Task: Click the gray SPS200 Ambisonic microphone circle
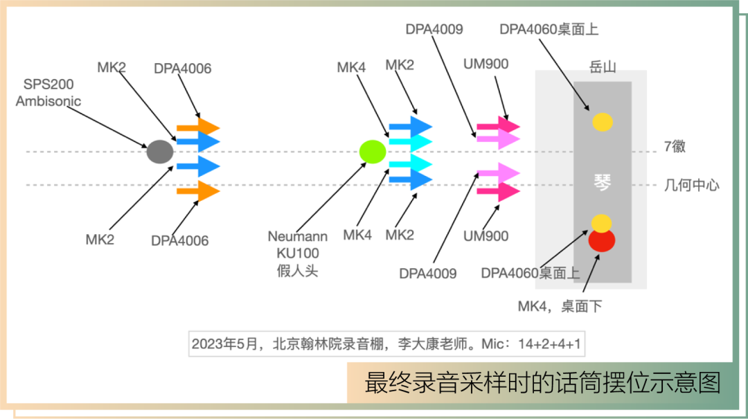click(x=160, y=152)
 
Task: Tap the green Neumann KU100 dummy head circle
click(x=373, y=152)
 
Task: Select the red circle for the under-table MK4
click(x=602, y=240)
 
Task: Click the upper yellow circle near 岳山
click(x=603, y=122)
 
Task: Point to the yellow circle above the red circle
click(x=602, y=223)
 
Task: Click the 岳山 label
click(x=603, y=66)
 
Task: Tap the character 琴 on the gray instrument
click(x=603, y=182)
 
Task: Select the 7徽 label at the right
click(x=675, y=146)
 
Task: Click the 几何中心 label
click(x=692, y=185)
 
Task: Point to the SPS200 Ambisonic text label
click(x=48, y=93)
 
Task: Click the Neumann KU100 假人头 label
click(x=298, y=253)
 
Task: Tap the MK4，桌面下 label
click(x=560, y=306)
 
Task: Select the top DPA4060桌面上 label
click(x=549, y=29)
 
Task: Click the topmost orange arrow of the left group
click(x=198, y=128)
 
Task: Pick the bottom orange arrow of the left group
click(x=198, y=191)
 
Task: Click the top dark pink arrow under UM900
click(x=499, y=127)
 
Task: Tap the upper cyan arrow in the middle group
click(x=411, y=142)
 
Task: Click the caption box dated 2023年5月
click(x=387, y=344)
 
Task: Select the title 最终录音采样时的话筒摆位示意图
click(x=542, y=383)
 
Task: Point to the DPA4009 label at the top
click(x=434, y=29)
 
